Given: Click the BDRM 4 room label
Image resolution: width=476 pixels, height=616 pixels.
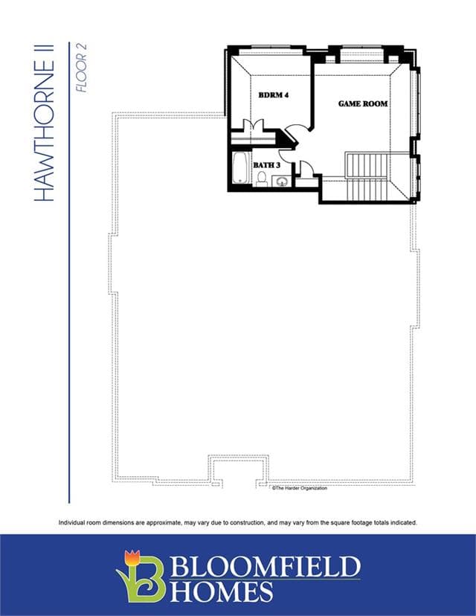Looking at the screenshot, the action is point(274,95).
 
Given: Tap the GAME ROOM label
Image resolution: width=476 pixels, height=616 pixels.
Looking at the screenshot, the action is point(363,103).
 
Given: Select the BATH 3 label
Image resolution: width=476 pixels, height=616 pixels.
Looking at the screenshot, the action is point(267,165).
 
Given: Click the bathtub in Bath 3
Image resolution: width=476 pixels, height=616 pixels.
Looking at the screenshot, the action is point(240,168).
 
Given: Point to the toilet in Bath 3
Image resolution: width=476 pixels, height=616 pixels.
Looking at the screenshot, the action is point(262,179).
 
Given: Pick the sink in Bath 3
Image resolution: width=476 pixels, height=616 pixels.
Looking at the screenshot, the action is point(282,182).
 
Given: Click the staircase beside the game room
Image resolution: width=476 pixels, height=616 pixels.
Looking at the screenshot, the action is point(367,176).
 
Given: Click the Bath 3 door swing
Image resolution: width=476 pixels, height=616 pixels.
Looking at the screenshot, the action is point(285,155).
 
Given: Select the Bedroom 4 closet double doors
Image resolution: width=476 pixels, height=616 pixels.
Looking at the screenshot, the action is point(251,123).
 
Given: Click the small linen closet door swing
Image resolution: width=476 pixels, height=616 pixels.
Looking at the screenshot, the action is point(306,167).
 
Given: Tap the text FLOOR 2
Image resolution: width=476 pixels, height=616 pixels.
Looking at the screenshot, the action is point(81,68).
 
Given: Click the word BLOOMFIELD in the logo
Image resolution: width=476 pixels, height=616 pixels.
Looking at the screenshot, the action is point(266,565).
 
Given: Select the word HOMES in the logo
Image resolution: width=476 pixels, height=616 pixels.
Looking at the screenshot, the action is point(222,591).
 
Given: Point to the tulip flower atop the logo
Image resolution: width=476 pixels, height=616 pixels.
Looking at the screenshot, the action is point(132,557).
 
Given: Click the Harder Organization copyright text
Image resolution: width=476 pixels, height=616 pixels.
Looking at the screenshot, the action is point(299,488).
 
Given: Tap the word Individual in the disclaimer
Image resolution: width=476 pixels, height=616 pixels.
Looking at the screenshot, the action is point(71,522).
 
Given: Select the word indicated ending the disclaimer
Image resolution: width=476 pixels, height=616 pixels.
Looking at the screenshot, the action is point(404,522).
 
